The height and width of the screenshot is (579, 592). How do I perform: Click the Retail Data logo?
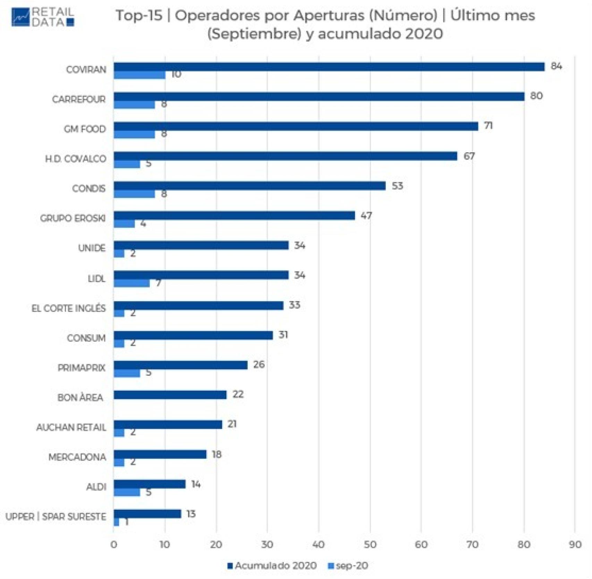point(43,17)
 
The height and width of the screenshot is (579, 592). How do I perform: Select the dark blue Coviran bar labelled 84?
point(329,67)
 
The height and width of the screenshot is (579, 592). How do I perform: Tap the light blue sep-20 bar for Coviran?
point(139,75)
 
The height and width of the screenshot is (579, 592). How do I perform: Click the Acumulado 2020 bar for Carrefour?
point(319,97)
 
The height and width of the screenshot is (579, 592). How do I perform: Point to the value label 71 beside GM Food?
point(488,126)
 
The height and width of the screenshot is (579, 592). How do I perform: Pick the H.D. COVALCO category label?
point(76,159)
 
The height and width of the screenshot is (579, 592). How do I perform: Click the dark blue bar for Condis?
point(250,186)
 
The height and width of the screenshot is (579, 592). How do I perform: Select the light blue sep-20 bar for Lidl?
point(132,283)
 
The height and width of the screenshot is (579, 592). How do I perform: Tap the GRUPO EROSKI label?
point(73,219)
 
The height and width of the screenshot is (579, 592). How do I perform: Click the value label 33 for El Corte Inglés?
point(294,305)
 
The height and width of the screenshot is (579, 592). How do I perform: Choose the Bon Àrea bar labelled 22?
point(170,395)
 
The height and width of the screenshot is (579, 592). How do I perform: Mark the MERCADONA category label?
point(77,457)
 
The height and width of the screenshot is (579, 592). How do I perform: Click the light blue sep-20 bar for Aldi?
point(127,492)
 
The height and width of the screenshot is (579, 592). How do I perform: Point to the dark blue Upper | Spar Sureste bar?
point(147,514)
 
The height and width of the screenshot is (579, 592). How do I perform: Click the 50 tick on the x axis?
point(370,545)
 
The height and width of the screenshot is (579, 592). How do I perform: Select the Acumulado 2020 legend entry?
point(272,566)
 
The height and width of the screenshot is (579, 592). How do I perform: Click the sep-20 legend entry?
point(348,566)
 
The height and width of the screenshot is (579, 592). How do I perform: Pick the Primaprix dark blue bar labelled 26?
point(180,365)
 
